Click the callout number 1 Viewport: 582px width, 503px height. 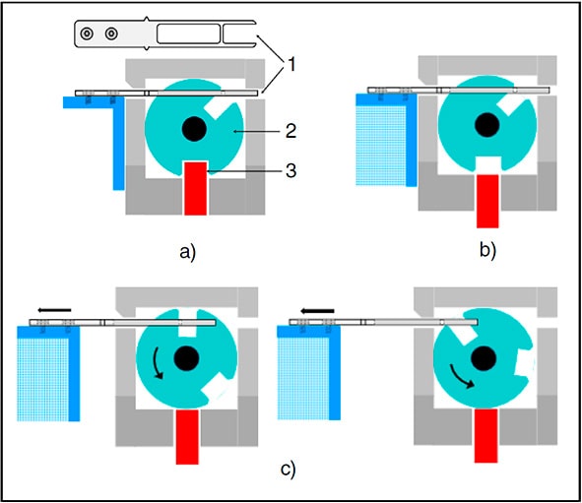pyautogui.click(x=291, y=65)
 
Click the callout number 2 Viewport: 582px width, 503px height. pyautogui.click(x=291, y=131)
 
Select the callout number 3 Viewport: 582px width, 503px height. pyautogui.click(x=291, y=170)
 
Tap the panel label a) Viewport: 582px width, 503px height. pyautogui.click(x=187, y=253)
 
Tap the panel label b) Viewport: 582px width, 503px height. pyautogui.click(x=487, y=250)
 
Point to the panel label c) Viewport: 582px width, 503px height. pyautogui.click(x=288, y=469)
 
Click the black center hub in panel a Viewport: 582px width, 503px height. pyautogui.click(x=194, y=129)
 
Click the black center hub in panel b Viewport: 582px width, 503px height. pyautogui.click(x=487, y=125)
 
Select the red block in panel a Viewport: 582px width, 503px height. pyautogui.click(x=196, y=188)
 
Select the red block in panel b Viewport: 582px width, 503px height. pyautogui.click(x=487, y=201)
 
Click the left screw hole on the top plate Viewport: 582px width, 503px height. pyautogui.click(x=87, y=33)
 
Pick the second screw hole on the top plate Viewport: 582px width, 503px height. pyautogui.click(x=111, y=33)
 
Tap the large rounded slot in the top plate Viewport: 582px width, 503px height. pyautogui.click(x=188, y=33)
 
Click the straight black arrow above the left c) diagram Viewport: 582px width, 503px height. pyautogui.click(x=54, y=310)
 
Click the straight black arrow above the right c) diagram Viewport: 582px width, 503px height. pyautogui.click(x=317, y=310)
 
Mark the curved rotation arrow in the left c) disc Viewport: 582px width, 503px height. pyautogui.click(x=158, y=363)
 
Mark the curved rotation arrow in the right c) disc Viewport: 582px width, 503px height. pyautogui.click(x=462, y=376)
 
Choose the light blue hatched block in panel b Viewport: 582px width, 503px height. pyautogui.click(x=381, y=145)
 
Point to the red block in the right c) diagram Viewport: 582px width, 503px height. pyautogui.click(x=486, y=435)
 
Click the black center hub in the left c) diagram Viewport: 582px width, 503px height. pyautogui.click(x=187, y=358)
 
